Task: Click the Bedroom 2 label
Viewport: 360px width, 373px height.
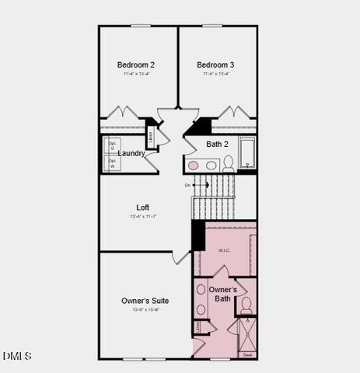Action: (136, 64)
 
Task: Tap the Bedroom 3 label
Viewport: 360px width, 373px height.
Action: (215, 64)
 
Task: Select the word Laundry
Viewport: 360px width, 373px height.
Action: (131, 154)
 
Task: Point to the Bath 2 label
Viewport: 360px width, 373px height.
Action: (217, 144)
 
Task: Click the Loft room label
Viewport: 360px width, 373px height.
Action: (142, 207)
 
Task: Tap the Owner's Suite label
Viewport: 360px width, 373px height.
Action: (145, 300)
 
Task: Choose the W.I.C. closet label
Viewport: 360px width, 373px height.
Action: (225, 250)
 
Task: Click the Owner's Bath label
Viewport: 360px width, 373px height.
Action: (222, 294)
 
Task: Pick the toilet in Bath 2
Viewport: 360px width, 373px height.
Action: (229, 163)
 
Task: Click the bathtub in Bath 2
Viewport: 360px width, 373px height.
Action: (247, 152)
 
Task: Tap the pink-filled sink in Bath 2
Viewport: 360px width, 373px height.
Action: (194, 165)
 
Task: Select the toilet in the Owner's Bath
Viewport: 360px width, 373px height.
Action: (246, 305)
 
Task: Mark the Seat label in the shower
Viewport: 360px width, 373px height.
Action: (247, 354)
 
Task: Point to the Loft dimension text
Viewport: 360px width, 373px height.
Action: (143, 216)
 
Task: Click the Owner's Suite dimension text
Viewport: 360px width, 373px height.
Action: (145, 309)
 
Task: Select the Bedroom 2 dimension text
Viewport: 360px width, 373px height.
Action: (136, 74)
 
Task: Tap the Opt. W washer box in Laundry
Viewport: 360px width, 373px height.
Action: (113, 164)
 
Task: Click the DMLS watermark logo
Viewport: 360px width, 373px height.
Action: (17, 356)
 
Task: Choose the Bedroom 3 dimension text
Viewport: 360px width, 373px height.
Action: (215, 74)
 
